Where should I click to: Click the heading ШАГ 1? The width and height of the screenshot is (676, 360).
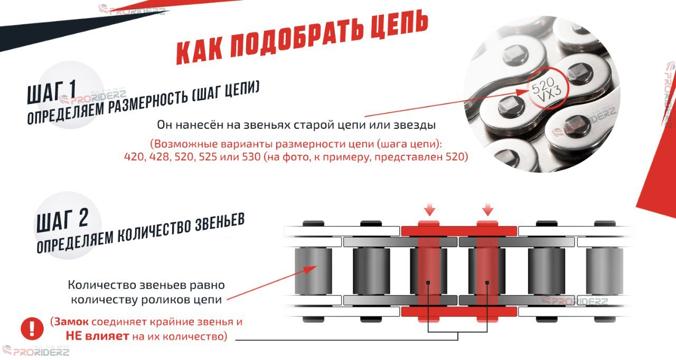point(51,92)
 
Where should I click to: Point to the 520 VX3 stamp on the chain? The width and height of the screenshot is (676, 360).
point(546,90)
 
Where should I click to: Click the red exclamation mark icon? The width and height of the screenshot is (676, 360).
point(32,328)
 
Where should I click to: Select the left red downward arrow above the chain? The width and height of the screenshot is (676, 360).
point(430,209)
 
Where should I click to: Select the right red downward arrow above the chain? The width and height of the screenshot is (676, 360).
point(487,209)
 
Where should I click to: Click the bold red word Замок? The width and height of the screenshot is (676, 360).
point(71,321)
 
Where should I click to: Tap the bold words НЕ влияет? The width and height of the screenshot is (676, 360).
point(97,336)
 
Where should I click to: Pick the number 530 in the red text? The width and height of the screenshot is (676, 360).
point(251,157)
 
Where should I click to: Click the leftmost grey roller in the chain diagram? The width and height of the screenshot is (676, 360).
point(313,271)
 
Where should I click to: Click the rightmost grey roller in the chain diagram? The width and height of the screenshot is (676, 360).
point(605,271)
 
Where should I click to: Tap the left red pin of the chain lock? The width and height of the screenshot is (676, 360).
point(428,271)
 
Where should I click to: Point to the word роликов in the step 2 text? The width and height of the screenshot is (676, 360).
point(166,300)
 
